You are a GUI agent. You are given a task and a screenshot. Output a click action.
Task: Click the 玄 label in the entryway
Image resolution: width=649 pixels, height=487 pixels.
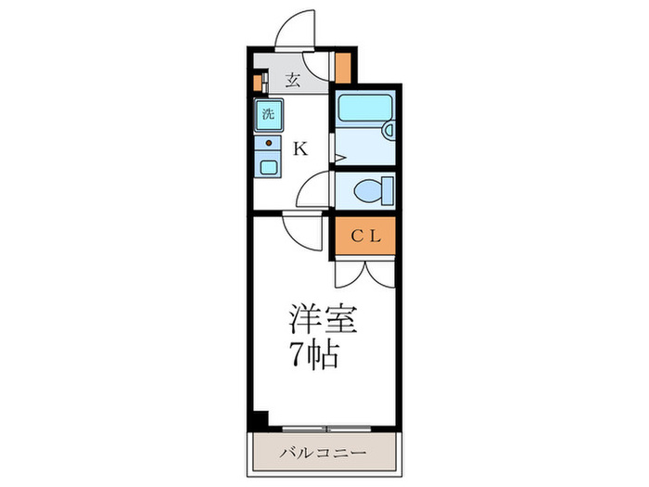pos(292,80)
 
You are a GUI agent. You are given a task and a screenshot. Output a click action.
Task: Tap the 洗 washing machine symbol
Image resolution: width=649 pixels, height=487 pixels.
pos(267,116)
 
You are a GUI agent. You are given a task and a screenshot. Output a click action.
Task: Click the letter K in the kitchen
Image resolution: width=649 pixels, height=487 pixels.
pos(300,147)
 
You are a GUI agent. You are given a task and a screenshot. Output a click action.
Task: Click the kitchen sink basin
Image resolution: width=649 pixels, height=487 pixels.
pos(267,168)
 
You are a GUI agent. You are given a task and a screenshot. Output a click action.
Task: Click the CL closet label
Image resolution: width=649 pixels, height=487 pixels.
pos(364,237)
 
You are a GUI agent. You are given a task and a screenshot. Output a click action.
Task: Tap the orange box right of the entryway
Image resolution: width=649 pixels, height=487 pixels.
pos(343,68)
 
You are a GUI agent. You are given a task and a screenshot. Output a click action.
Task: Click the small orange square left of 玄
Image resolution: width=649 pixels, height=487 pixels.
pos(257,82)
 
